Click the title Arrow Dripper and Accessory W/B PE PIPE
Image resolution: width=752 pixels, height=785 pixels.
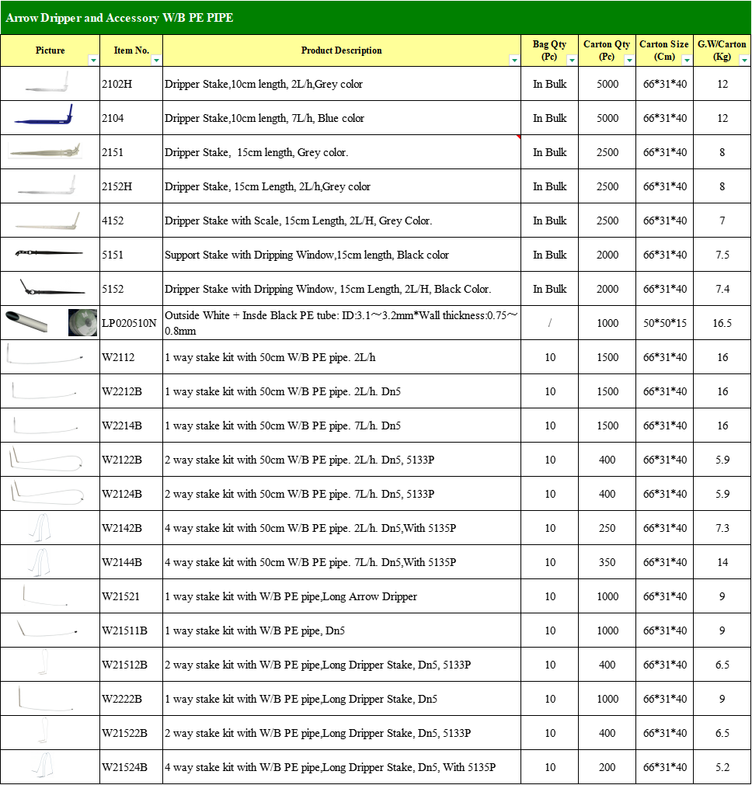point(120,18)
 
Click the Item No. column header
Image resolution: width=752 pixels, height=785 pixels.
point(131,50)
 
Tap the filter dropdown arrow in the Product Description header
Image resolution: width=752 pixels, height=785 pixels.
point(514,60)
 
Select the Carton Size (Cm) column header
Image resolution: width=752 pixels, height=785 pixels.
point(663,50)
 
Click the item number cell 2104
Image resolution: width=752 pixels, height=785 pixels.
point(113,118)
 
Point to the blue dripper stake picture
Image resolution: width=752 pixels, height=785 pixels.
point(44,117)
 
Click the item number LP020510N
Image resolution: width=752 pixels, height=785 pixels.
point(129,323)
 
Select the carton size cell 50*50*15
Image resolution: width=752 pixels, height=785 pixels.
point(664,323)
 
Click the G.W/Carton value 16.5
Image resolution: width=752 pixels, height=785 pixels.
point(722,323)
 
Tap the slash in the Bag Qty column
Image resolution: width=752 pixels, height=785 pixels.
point(549,323)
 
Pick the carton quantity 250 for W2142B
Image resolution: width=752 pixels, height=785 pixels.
point(607,528)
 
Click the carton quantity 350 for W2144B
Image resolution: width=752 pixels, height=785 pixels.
point(607,562)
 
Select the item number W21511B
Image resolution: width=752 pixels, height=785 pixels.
point(124,630)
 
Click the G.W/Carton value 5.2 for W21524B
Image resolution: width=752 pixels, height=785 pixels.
point(722,767)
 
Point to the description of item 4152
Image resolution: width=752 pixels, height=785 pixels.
point(298,221)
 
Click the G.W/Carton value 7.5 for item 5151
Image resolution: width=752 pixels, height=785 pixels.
point(722,255)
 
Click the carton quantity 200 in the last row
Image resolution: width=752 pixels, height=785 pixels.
point(607,767)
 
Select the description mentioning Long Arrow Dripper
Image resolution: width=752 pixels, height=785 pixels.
point(291,596)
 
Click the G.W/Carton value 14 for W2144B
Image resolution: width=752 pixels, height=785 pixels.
point(722,562)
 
